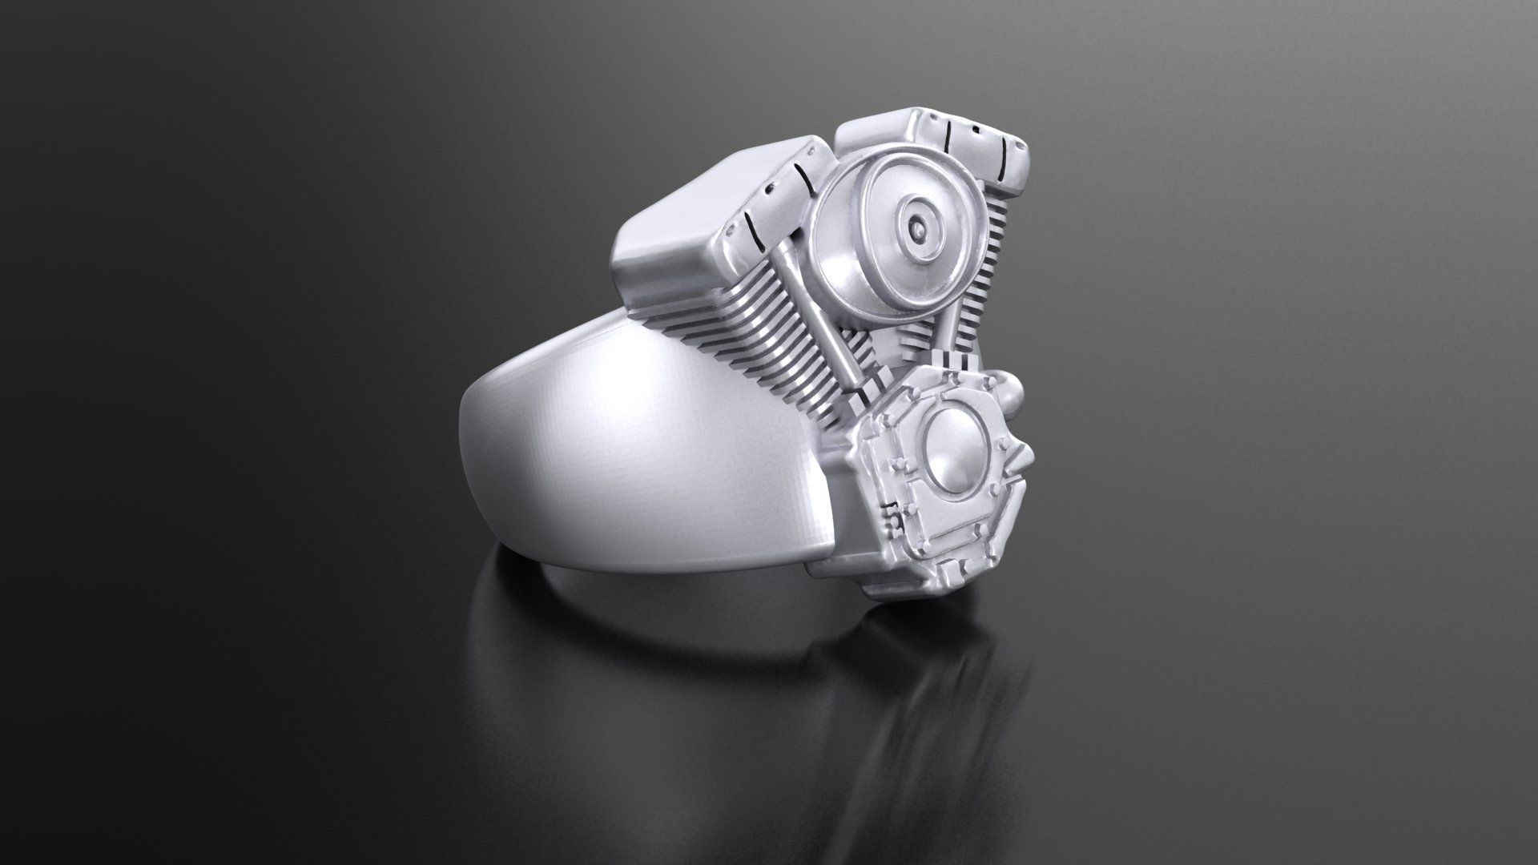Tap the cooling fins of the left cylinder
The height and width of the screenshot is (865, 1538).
coord(745,344)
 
